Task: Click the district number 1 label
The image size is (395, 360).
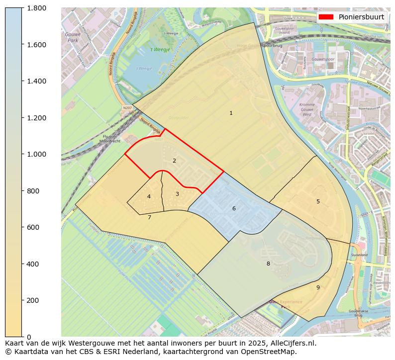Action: pyautogui.click(x=231, y=113)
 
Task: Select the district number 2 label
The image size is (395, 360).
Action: pyautogui.click(x=174, y=161)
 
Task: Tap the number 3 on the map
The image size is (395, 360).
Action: pyautogui.click(x=177, y=194)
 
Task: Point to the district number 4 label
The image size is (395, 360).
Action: pyautogui.click(x=149, y=197)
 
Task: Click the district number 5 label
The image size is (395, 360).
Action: pyautogui.click(x=318, y=201)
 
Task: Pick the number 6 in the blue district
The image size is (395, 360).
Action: pyautogui.click(x=234, y=208)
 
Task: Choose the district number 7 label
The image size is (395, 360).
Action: pyautogui.click(x=149, y=217)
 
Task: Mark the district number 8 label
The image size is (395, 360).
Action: pyautogui.click(x=268, y=264)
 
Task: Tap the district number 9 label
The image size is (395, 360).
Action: pyautogui.click(x=318, y=287)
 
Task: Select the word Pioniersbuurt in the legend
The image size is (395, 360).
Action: pyautogui.click(x=361, y=17)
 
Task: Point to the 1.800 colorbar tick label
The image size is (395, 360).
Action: pyautogui.click(x=36, y=8)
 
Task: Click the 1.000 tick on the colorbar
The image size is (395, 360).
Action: pyautogui.click(x=36, y=154)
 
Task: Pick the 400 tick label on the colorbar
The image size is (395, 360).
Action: pyautogui.click(x=33, y=264)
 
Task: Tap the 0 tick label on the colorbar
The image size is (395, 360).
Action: pyautogui.click(x=29, y=337)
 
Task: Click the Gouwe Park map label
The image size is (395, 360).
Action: pyautogui.click(x=73, y=37)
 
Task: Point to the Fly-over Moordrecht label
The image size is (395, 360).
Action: pyautogui.click(x=110, y=139)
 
